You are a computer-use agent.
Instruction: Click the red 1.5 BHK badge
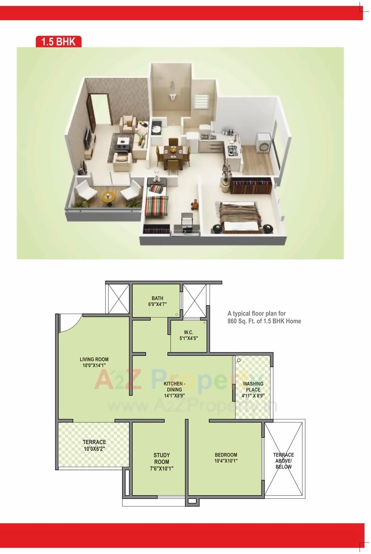click(58, 41)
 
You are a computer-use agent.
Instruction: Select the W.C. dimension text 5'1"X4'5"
click(188, 338)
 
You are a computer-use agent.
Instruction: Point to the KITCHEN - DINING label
click(174, 386)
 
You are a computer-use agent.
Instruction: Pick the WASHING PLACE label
click(253, 387)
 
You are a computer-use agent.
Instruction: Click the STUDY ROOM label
click(162, 458)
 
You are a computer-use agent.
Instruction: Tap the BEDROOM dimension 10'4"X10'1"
click(226, 461)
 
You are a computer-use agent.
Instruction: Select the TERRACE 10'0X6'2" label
click(94, 445)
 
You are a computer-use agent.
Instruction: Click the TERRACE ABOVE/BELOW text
click(283, 461)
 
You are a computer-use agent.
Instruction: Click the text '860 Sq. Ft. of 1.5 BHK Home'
click(264, 321)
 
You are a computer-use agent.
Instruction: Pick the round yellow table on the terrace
click(108, 197)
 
